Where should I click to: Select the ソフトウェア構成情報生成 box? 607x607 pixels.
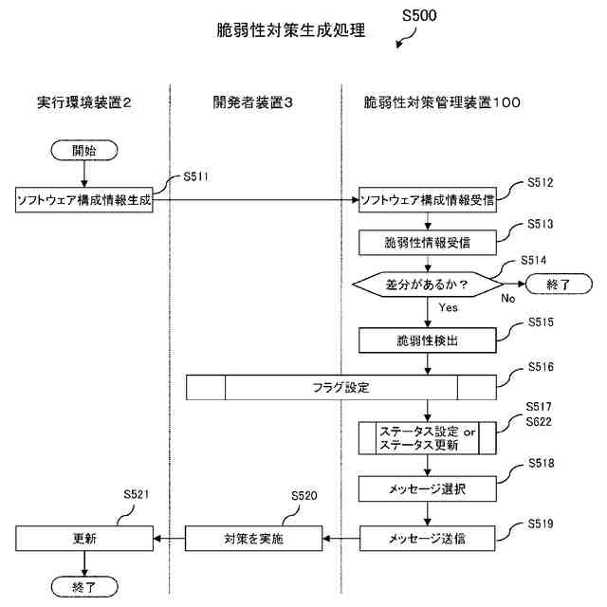click(x=84, y=200)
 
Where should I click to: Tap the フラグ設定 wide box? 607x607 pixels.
click(x=340, y=387)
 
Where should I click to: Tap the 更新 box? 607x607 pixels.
click(x=84, y=539)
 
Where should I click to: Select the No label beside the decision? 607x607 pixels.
click(x=508, y=297)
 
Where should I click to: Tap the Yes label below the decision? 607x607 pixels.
click(x=449, y=307)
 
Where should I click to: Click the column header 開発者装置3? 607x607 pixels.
click(x=253, y=101)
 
